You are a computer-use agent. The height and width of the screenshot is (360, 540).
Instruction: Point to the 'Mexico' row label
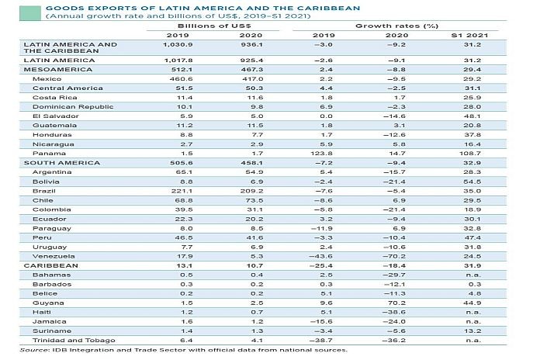[x=46, y=78]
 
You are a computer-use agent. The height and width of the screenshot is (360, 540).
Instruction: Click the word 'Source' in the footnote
[x=33, y=350]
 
